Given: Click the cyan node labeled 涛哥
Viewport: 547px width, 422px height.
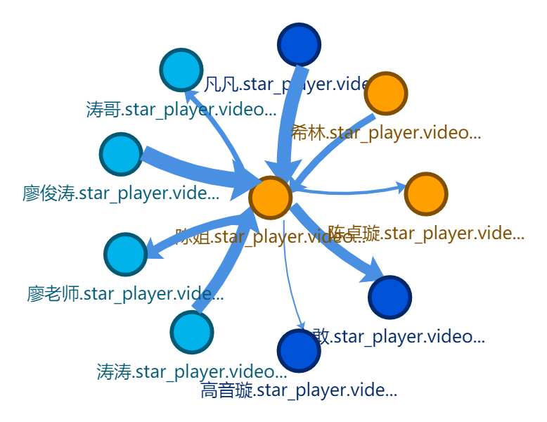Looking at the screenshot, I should click(181, 70).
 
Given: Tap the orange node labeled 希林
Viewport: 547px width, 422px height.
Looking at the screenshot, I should click(386, 94).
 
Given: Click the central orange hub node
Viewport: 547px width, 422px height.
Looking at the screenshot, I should click(271, 198).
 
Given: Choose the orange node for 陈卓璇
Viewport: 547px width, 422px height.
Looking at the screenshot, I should click(426, 193).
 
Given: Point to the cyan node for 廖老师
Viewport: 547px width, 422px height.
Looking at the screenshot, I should click(126, 254).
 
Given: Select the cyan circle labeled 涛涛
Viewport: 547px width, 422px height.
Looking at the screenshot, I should click(192, 332).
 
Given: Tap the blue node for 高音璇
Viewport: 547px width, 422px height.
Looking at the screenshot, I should click(299, 350).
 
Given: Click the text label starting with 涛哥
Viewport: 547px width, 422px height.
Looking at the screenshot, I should click(181, 109).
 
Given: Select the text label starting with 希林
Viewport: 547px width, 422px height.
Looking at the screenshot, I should click(386, 133).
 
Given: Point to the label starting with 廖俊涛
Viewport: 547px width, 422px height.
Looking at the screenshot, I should click(121, 193).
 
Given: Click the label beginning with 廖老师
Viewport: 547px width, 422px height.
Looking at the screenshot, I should click(126, 293).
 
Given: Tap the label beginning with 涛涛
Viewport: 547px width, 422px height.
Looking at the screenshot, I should click(192, 371).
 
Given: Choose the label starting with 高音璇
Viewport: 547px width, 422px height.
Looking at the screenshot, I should click(299, 389).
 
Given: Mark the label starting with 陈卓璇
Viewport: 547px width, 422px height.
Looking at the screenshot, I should click(426, 233).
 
